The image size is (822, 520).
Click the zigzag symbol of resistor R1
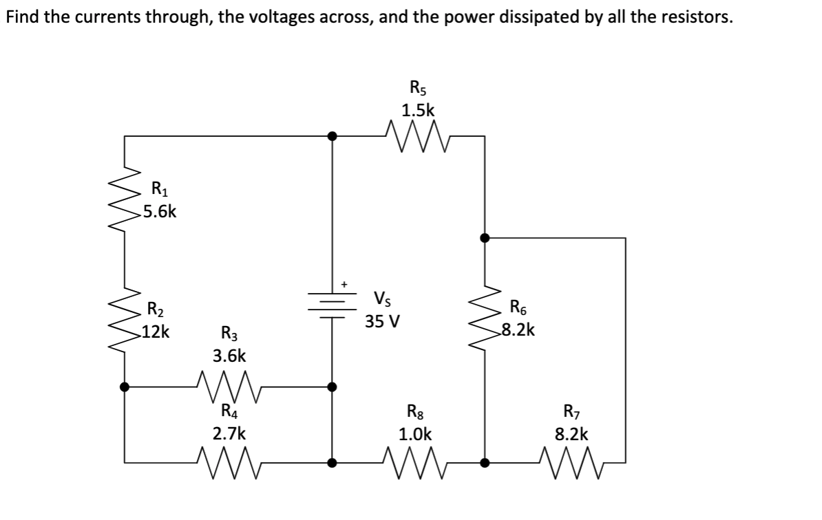pos(125,199)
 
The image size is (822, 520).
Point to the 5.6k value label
pos(158,212)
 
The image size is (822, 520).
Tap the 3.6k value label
pos(229,356)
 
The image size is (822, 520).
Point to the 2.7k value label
pos(229,435)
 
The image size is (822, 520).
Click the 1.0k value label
pos(417,435)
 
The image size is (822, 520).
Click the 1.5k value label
pos(418,110)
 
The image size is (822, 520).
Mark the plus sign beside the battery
pos(346,283)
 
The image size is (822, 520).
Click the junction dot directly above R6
pos(485,237)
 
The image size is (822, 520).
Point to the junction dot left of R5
pos(333,136)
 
